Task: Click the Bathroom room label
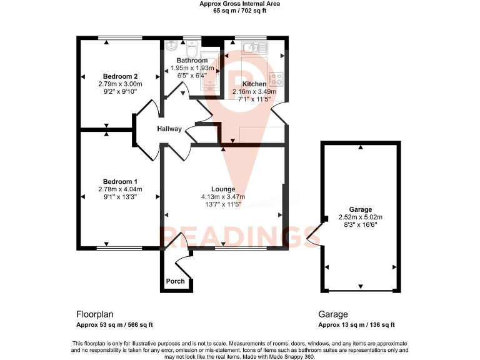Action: pyautogui.click(x=192, y=61)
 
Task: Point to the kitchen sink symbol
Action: pyautogui.click(x=252, y=47)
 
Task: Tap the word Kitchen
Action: pyautogui.click(x=254, y=84)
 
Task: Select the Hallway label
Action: pyautogui.click(x=169, y=129)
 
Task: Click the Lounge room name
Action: pyautogui.click(x=223, y=189)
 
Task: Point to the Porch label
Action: pyautogui.click(x=176, y=281)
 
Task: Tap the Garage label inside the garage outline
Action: pyautogui.click(x=360, y=210)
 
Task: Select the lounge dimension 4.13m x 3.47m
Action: pyautogui.click(x=223, y=197)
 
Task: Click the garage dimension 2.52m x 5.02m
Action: pyautogui.click(x=360, y=217)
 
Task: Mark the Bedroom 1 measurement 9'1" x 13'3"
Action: pyautogui.click(x=117, y=197)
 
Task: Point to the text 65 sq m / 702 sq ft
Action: pyautogui.click(x=239, y=11)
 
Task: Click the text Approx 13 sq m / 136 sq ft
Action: pyautogui.click(x=356, y=325)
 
